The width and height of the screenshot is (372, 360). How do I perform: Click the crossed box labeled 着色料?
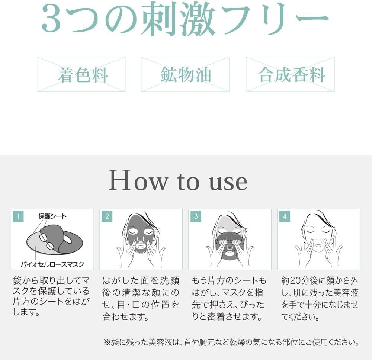pos(81,74)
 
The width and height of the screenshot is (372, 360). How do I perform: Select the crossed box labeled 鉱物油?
pos(185,74)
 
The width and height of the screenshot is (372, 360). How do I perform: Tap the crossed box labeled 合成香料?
pos(290,74)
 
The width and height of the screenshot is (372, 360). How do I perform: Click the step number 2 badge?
pos(107,216)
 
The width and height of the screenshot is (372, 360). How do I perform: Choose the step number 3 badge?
pos(196,216)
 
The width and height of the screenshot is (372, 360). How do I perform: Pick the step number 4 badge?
pos(285,216)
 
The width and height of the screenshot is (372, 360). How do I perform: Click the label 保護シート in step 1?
pos(52,216)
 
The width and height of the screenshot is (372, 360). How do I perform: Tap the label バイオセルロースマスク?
pos(52,264)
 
